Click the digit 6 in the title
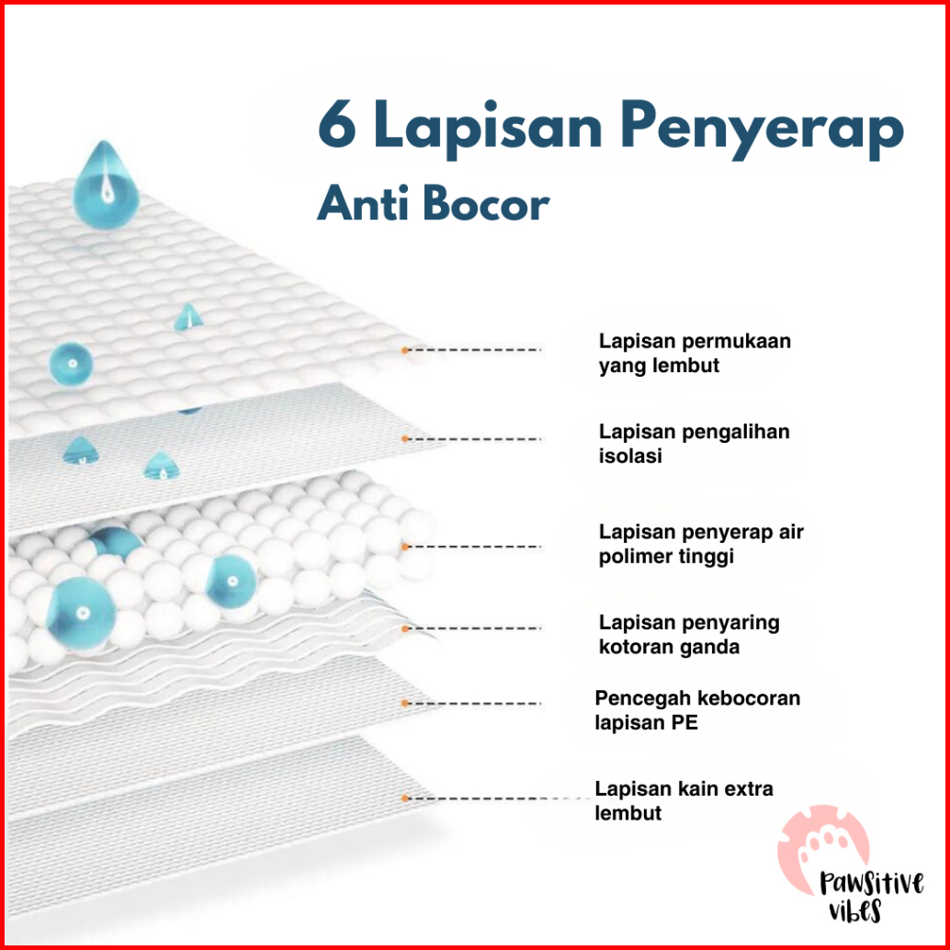(338, 129)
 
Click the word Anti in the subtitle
(363, 204)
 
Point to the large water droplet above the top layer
(105, 183)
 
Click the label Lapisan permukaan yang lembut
(695, 353)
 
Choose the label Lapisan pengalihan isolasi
(694, 443)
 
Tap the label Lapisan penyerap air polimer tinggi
(700, 544)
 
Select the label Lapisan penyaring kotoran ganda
(689, 634)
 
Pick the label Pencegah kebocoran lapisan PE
(696, 710)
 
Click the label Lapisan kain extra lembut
(684, 800)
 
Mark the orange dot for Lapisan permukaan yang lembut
(404, 350)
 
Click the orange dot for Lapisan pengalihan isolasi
(404, 439)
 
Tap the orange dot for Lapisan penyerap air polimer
(404, 547)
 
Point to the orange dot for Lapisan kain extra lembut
(404, 798)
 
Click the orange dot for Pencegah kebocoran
(404, 703)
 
